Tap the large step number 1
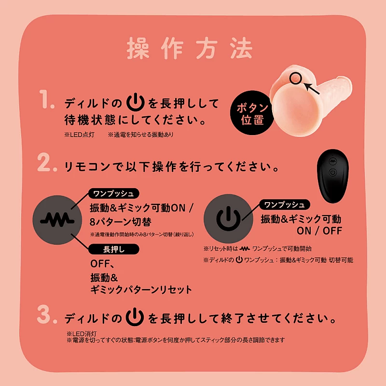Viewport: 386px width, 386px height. pyautogui.click(x=48, y=103)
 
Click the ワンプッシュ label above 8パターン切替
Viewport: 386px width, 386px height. pyautogui.click(x=113, y=194)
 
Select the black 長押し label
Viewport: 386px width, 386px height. pyautogui.click(x=113, y=248)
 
